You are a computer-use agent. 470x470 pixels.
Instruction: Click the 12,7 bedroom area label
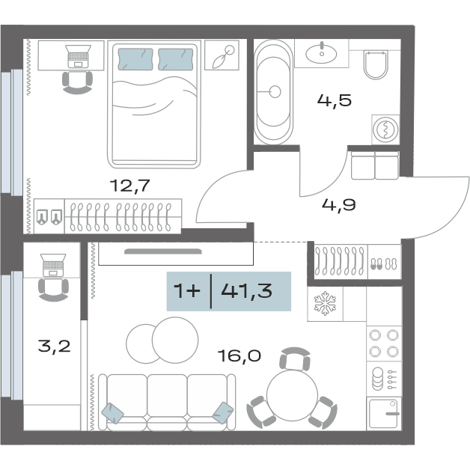pos(129,186)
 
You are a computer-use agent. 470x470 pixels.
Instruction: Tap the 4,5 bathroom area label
pos(335,100)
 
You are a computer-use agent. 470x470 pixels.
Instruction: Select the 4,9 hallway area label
pos(339,205)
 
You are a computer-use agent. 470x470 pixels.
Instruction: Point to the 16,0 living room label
pos(239,355)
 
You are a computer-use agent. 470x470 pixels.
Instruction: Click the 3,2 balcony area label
pos(54,347)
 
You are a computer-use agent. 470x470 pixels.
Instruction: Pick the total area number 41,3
pos(247,290)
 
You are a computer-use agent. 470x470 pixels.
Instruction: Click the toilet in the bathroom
pos(376,65)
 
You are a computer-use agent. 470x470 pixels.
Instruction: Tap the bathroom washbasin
pos(321,54)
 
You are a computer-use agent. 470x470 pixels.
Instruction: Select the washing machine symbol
pos(385,129)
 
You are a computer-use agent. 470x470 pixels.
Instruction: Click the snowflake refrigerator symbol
pos(325,305)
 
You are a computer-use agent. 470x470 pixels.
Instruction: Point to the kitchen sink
pos(383,414)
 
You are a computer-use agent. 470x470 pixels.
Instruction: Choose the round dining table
pos(292,395)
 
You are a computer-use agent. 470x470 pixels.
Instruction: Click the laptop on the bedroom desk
pos(78,56)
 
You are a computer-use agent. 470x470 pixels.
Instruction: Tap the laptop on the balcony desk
pos(53,265)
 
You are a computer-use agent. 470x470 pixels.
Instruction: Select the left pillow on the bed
pos(135,59)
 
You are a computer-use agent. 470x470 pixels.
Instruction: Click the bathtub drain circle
pos(275,92)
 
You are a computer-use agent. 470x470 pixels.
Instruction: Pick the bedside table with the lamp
pos(222,55)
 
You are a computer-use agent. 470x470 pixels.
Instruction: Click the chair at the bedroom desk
pos(77,83)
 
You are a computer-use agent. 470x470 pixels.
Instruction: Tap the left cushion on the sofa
pos(112,413)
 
